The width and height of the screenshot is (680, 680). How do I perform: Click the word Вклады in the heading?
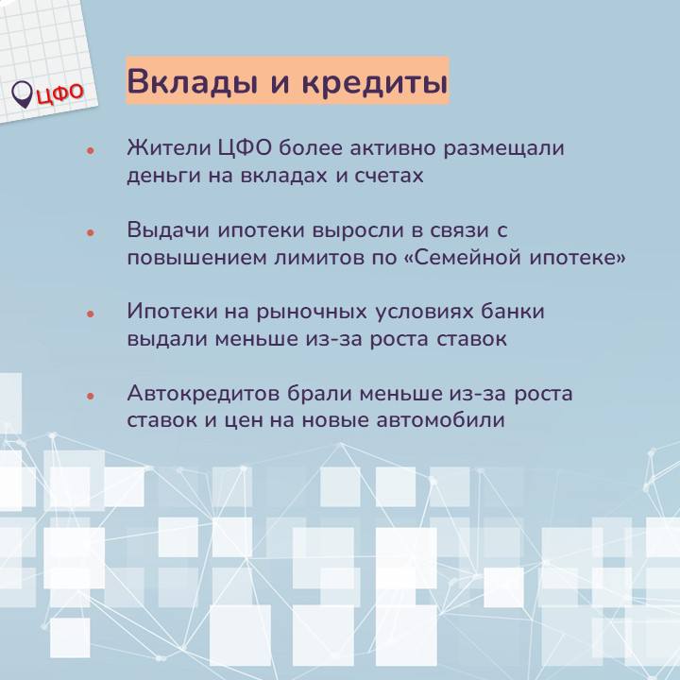(192, 81)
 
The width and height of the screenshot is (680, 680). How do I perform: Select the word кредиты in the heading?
(375, 81)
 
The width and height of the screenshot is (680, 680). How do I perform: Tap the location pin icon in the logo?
(22, 94)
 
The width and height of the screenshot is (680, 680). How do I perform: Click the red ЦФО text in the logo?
(60, 93)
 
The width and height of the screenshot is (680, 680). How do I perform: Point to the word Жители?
(169, 148)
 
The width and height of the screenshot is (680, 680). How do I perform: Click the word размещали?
(503, 149)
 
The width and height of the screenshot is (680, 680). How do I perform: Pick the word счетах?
(389, 177)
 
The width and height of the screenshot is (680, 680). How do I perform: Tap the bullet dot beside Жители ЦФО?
(91, 150)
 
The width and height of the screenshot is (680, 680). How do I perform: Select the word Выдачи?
(169, 230)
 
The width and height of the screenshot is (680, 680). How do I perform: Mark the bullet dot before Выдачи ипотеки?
(91, 232)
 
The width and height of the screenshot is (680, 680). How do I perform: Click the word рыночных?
(312, 313)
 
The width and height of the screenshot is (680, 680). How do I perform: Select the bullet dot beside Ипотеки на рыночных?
(91, 314)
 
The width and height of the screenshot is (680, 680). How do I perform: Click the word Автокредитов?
(203, 394)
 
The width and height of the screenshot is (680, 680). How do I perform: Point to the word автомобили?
(441, 419)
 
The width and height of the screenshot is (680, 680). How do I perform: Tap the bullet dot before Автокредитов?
(91, 396)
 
